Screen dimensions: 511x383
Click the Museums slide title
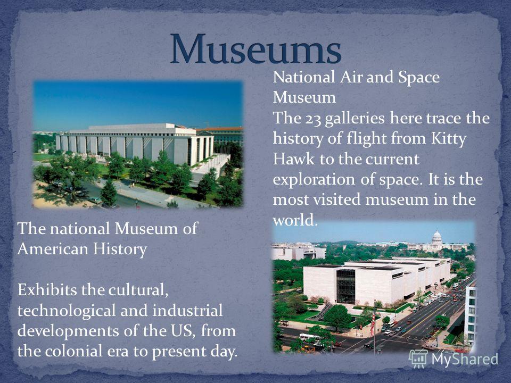[x=256, y=48]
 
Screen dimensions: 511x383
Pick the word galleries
[x=355, y=119]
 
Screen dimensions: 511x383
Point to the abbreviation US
[x=187, y=331]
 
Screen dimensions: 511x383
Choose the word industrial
[x=187, y=310]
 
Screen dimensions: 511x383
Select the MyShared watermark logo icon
[x=418, y=359]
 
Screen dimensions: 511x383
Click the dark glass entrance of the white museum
[x=345, y=287]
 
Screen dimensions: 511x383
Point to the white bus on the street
[x=309, y=337]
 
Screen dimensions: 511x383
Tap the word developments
[x=68, y=331]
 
